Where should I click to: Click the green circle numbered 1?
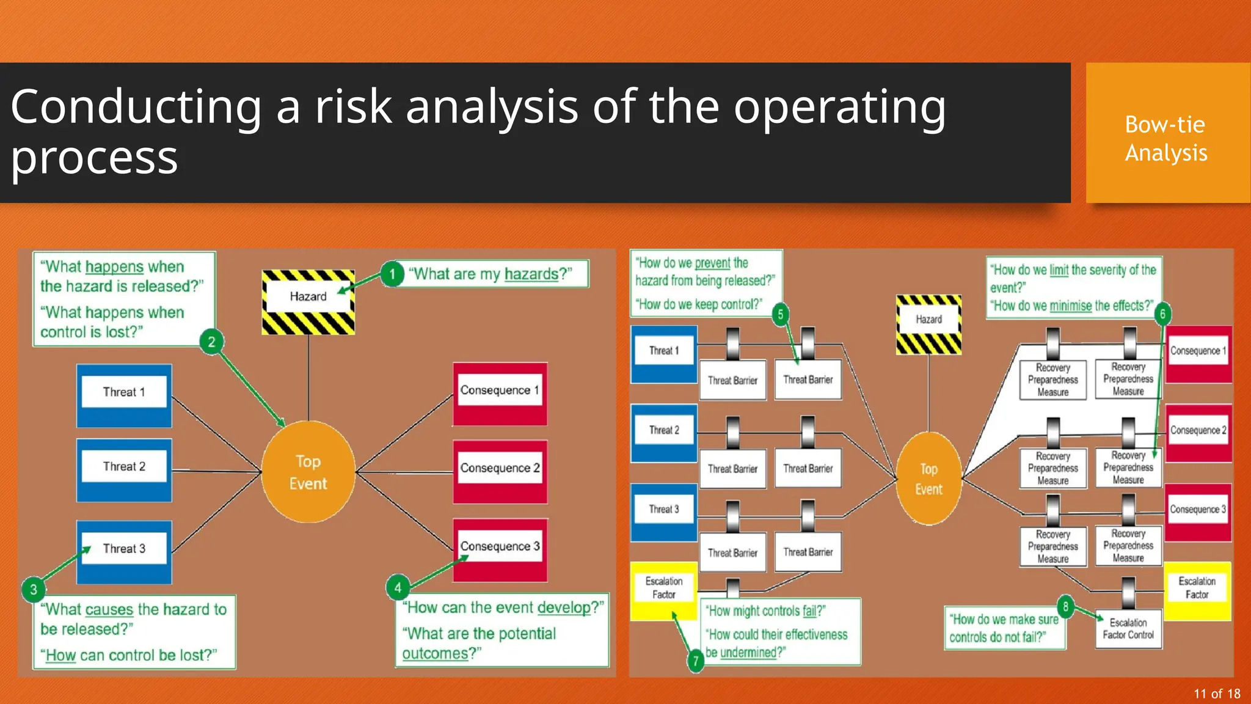393,274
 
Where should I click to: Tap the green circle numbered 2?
211,342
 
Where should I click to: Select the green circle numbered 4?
398,588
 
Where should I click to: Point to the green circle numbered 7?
695,661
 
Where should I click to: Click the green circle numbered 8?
1065,606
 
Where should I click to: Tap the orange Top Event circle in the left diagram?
308,472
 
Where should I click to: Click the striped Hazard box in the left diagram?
308,302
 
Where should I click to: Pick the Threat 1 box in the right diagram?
664,354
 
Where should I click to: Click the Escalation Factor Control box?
1128,629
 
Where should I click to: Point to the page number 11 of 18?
1217,694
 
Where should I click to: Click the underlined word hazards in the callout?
531,274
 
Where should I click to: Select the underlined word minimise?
1070,306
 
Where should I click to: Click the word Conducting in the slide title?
136,107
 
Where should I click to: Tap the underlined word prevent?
712,263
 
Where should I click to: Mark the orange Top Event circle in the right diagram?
928,479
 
